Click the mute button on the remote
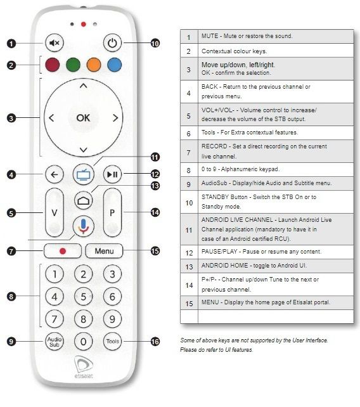click(55, 44)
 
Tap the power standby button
click(112, 44)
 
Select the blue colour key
click(113, 65)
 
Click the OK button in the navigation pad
click(83, 118)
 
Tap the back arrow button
click(54, 174)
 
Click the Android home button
click(83, 200)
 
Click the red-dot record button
click(63, 251)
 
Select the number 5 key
click(83, 296)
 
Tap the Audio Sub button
click(55, 341)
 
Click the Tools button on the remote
click(112, 342)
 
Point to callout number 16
click(155, 342)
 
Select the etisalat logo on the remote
click(84, 368)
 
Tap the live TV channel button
click(83, 174)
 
